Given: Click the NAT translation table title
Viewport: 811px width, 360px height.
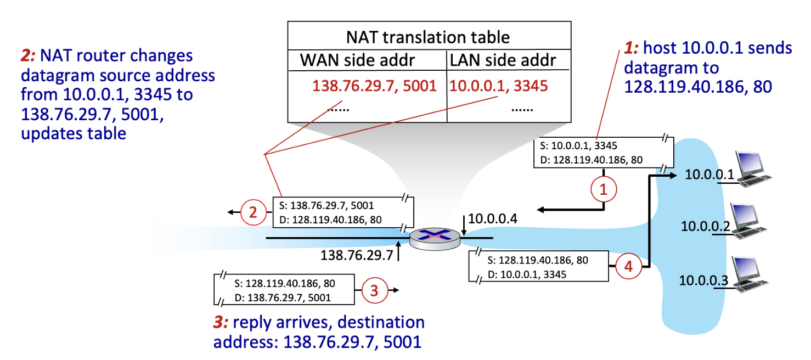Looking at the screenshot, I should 428,37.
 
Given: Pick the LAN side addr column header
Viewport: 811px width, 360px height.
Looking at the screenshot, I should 503,60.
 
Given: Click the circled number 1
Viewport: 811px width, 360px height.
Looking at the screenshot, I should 604,190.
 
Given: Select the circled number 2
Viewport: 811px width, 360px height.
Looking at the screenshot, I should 254,212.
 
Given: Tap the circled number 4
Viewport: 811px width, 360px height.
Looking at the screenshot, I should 628,267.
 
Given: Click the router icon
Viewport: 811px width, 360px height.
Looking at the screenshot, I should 436,238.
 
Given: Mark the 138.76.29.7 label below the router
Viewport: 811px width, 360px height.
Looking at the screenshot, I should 356,255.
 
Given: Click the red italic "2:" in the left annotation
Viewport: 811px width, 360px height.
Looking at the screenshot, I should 28,55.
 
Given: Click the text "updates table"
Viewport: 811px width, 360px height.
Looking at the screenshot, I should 73,133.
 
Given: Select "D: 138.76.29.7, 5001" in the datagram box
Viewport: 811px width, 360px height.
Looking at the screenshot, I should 285,298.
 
